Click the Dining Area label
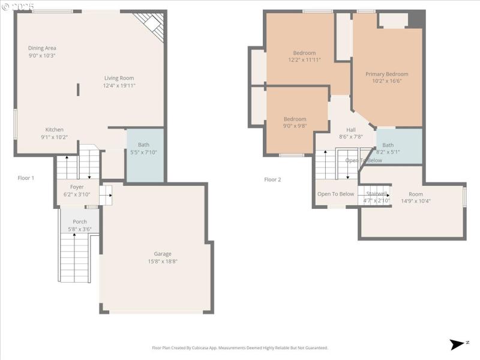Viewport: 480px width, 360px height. click(x=42, y=48)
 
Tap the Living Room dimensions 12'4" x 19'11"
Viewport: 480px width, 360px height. click(x=119, y=85)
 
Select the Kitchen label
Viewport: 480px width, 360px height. click(x=55, y=130)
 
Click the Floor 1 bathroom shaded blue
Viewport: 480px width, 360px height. click(x=145, y=155)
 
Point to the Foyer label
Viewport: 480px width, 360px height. click(x=77, y=187)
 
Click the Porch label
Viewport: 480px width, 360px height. click(x=80, y=221)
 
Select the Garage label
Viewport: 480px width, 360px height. click(x=163, y=254)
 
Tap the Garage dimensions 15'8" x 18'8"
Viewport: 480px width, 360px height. click(x=163, y=261)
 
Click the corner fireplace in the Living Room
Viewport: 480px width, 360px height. click(x=151, y=25)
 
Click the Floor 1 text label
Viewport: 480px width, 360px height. click(x=26, y=178)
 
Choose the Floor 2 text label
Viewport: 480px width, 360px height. click(x=272, y=179)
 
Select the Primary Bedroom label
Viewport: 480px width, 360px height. click(x=387, y=74)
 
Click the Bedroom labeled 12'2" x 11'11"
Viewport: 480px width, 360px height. click(x=304, y=56)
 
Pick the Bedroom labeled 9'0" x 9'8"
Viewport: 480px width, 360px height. click(x=295, y=122)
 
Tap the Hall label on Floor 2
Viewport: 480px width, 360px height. click(x=351, y=130)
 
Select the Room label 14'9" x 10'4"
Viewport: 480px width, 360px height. click(x=416, y=194)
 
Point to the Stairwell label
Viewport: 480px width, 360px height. click(x=376, y=193)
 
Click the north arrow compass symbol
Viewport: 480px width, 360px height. click(x=458, y=344)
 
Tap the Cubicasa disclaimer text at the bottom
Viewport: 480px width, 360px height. click(x=240, y=347)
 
